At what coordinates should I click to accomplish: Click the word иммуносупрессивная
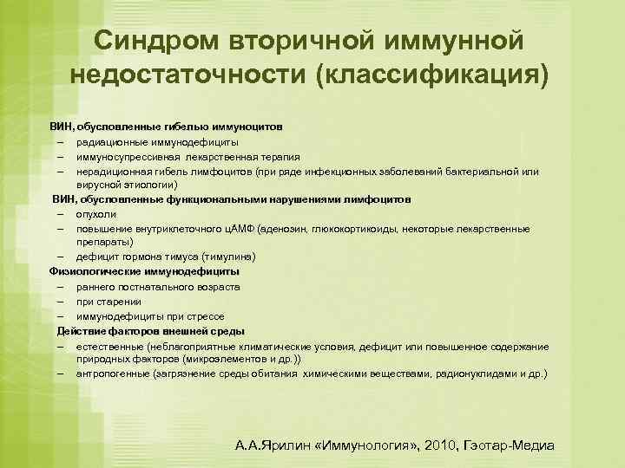[x=124, y=157]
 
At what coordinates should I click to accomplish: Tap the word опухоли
[x=95, y=213]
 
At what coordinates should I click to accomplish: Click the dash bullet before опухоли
[x=62, y=213]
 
